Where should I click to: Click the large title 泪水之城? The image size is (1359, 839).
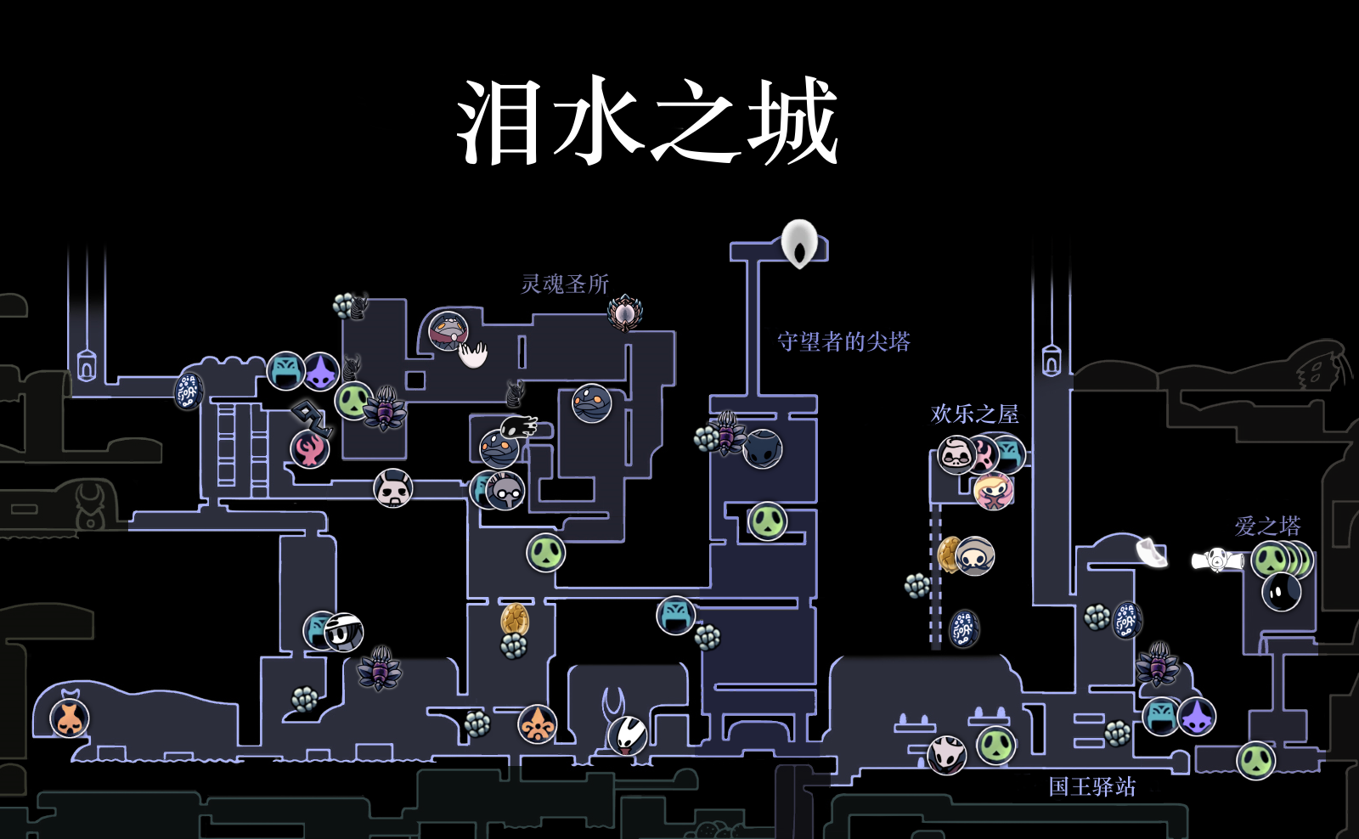647,121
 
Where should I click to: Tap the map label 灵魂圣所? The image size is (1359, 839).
565,284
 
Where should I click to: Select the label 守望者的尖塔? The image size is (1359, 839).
843,341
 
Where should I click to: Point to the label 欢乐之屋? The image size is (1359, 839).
974,414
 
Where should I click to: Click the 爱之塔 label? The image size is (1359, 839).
1267,526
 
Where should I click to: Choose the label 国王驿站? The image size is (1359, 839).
1091,786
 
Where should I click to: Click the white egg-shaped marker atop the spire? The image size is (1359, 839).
799,243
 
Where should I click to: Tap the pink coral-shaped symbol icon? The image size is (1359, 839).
310,449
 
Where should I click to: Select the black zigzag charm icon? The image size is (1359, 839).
311,416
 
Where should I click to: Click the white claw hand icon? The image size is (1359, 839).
473,353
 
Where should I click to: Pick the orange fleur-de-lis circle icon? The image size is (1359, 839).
538,724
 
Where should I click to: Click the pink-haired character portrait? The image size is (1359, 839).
993,491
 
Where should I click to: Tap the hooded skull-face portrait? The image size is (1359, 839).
974,557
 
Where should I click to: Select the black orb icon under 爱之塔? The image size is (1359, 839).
1281,591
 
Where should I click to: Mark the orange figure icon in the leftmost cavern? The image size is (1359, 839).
70,718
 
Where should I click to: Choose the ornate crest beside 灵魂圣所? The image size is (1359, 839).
625,313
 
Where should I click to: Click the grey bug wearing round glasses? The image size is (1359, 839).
505,491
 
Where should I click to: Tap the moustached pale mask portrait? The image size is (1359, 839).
956,455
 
